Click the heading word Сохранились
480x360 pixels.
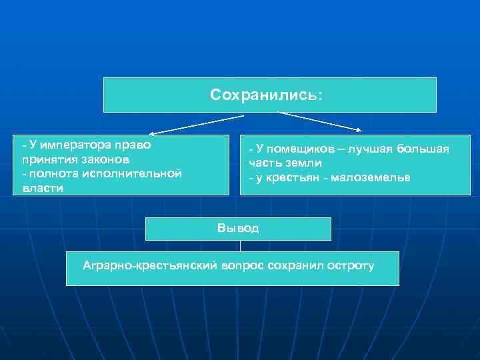coord(266,95)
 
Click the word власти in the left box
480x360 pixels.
coord(43,188)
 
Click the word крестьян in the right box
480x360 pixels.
coord(290,178)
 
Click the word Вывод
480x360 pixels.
coord(238,229)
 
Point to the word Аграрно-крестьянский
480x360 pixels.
coord(150,266)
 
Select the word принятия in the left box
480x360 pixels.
coord(42,159)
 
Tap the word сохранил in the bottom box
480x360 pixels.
coord(294,266)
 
